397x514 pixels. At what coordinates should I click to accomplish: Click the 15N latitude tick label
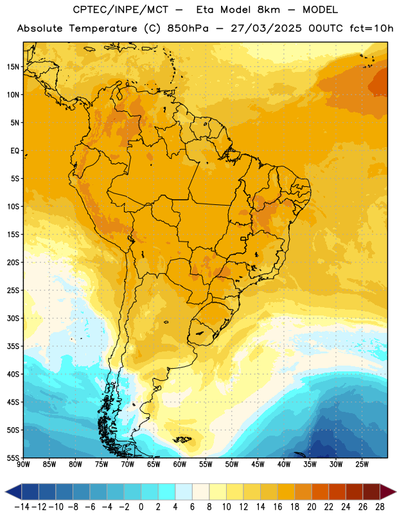pos(13,67)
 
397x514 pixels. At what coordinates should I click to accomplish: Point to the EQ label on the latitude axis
pos(15,151)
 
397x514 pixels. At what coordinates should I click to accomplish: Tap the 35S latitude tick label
pos(13,346)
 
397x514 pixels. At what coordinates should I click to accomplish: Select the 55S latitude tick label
pos(13,457)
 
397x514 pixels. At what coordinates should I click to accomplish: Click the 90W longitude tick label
pos(23,464)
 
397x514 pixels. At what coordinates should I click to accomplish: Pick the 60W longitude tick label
pos(180,464)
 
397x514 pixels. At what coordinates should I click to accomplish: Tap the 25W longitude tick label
pos(362,464)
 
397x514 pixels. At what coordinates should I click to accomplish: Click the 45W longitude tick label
pos(258,464)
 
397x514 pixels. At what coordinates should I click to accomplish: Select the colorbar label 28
pos(380,507)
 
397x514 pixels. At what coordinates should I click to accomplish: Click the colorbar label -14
pos(22,507)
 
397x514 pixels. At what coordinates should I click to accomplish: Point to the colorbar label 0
pos(141,507)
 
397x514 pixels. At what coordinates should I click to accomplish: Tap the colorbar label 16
pos(278,507)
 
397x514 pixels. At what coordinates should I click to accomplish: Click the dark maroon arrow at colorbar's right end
pos(387,492)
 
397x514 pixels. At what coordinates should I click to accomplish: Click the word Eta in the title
pos(204,10)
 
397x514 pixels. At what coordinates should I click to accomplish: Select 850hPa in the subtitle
pos(188,28)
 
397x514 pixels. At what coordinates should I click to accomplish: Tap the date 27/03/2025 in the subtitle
pos(266,28)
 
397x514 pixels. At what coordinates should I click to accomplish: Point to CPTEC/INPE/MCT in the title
pos(121,10)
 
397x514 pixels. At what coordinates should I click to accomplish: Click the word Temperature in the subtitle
pos(103,29)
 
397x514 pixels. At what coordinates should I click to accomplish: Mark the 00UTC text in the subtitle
pos(326,28)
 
